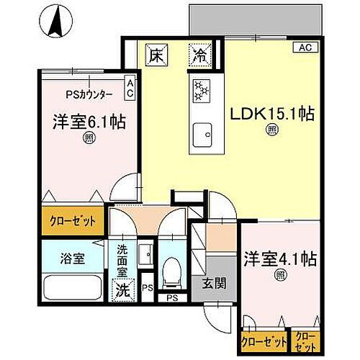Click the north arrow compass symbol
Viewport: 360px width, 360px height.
click(55, 22)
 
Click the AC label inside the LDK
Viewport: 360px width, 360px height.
click(305, 48)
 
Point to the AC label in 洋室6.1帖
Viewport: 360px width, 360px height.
click(130, 88)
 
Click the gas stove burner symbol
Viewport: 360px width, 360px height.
click(200, 90)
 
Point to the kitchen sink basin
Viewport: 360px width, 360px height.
click(200, 135)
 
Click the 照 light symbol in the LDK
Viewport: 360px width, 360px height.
click(272, 130)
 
